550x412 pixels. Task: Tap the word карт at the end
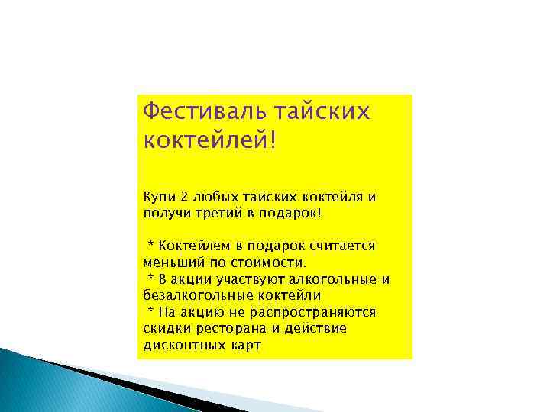[x=244, y=345]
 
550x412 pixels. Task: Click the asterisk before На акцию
[x=151, y=311]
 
